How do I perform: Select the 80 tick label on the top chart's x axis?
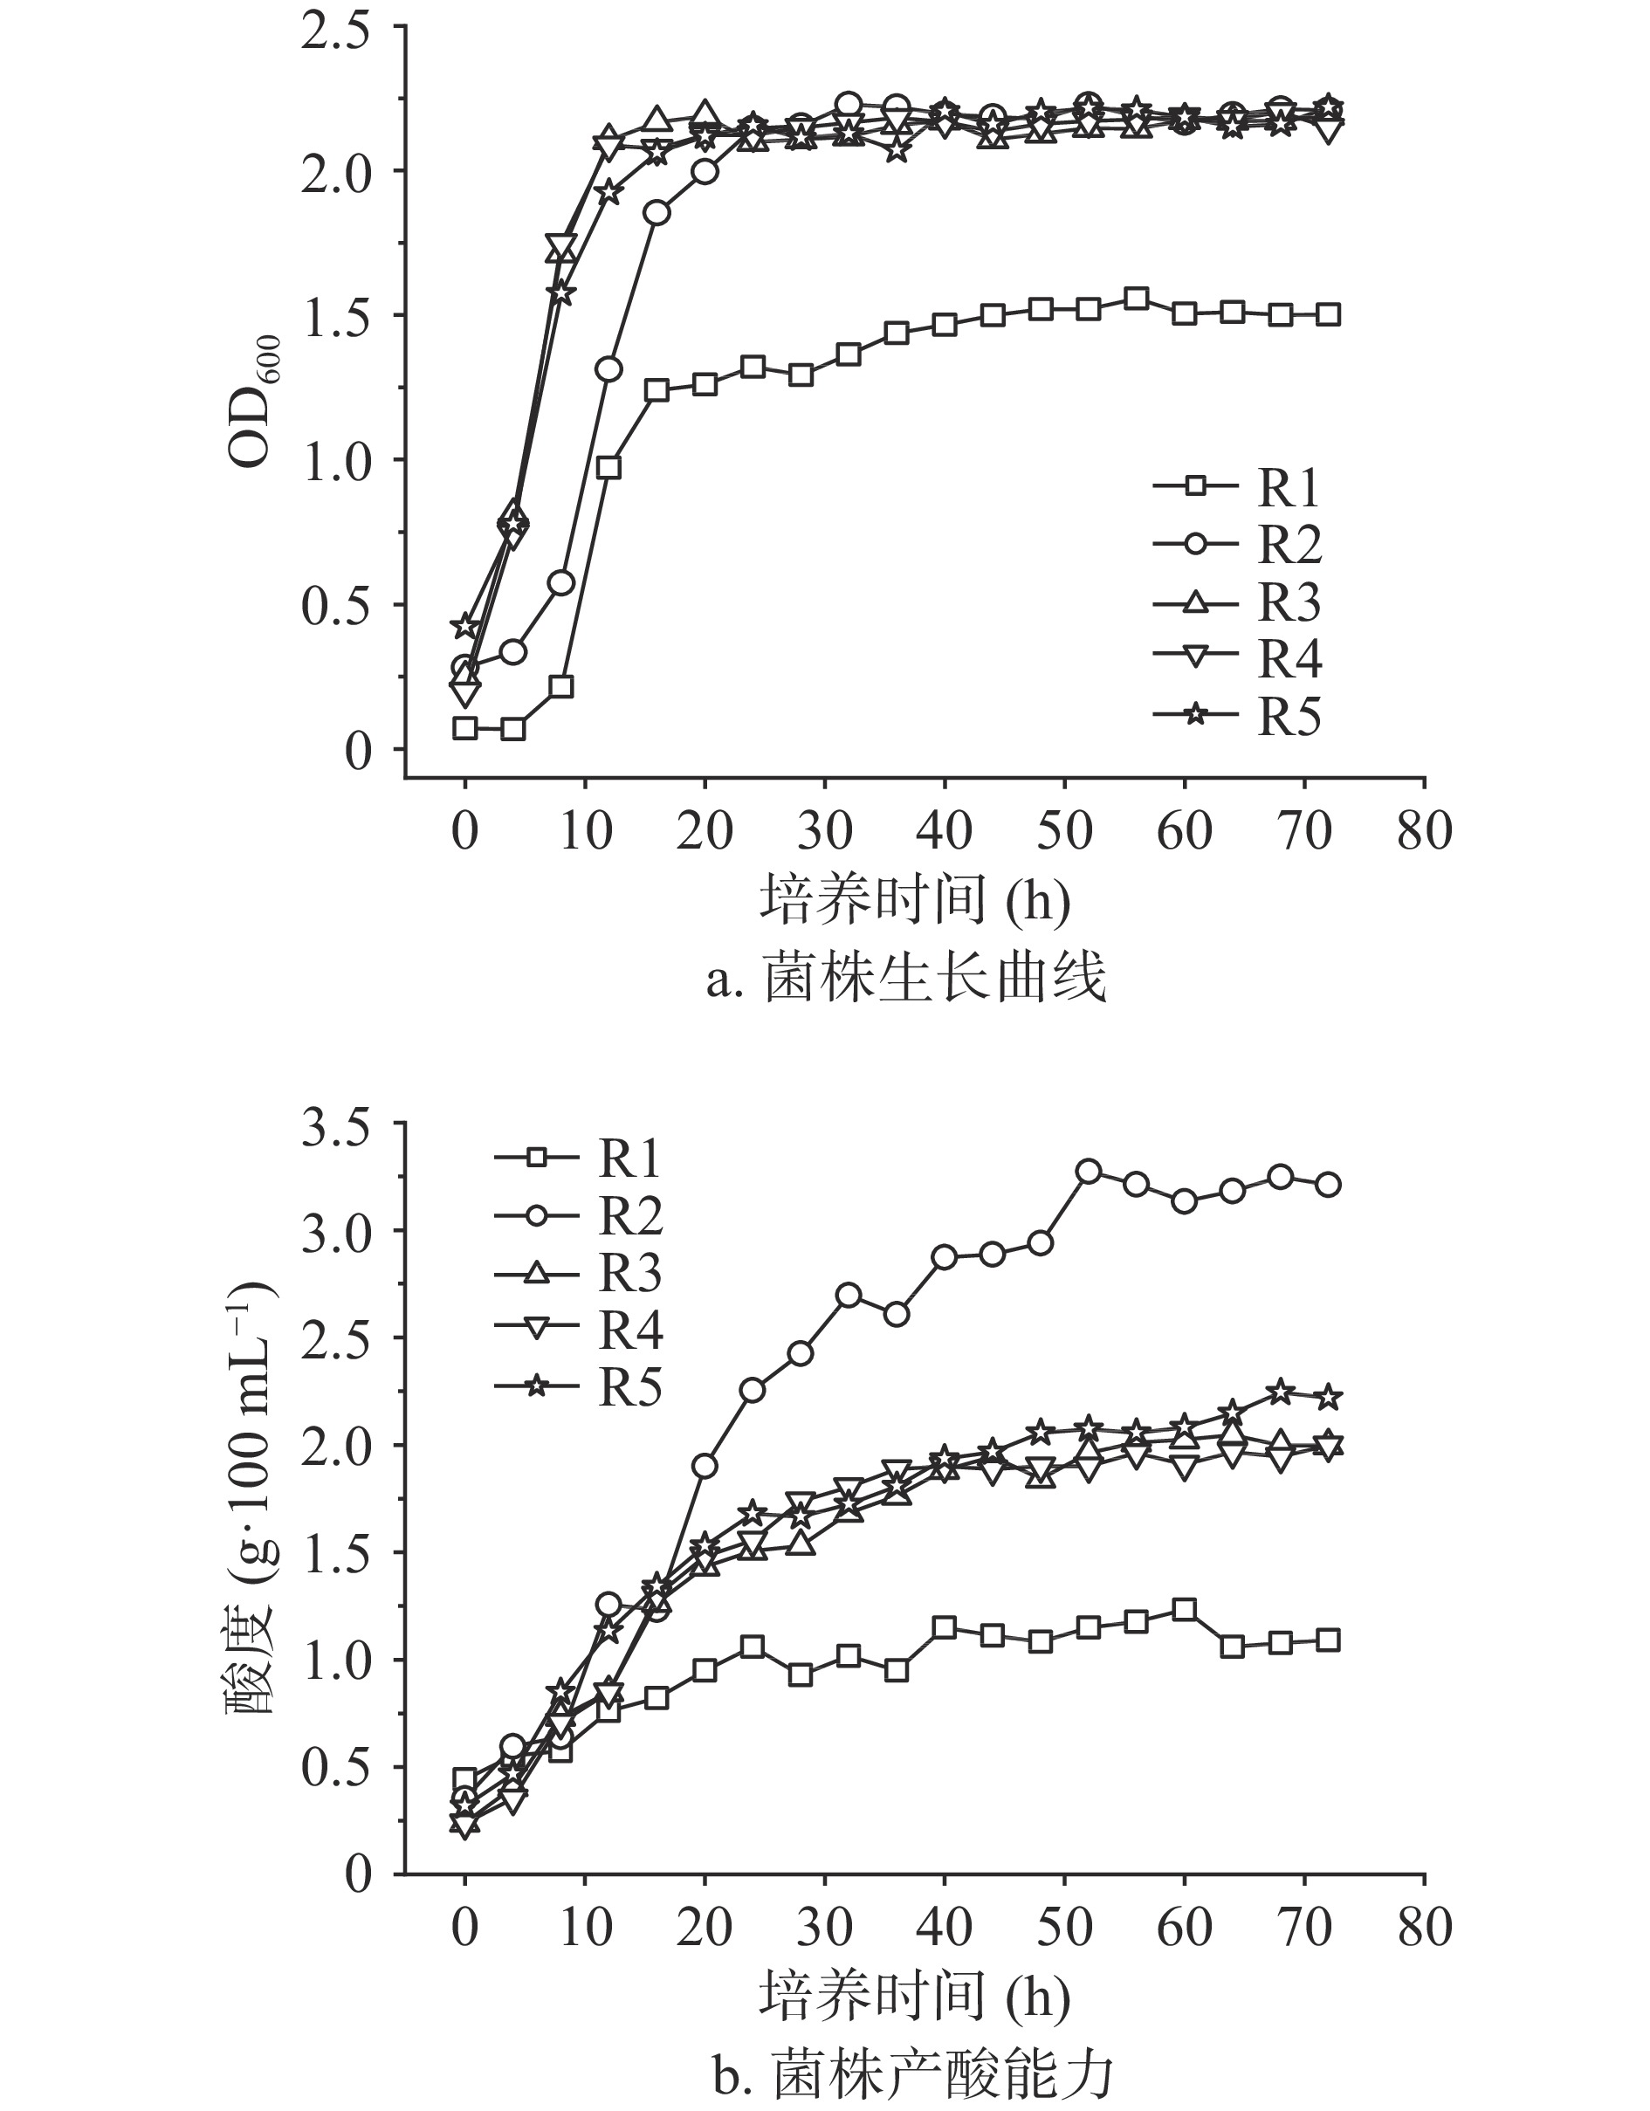pyautogui.click(x=1424, y=831)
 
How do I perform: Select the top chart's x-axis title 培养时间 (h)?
pyautogui.click(x=914, y=899)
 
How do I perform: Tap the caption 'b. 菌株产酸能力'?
pyautogui.click(x=913, y=2074)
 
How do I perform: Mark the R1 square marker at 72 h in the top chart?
pyautogui.click(x=1328, y=314)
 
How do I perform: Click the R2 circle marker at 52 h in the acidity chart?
pyautogui.click(x=1089, y=1171)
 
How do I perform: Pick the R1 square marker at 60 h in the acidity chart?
pyautogui.click(x=1184, y=1609)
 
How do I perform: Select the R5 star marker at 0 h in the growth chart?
pyautogui.click(x=465, y=626)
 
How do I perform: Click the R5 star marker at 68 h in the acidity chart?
pyautogui.click(x=1281, y=1391)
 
